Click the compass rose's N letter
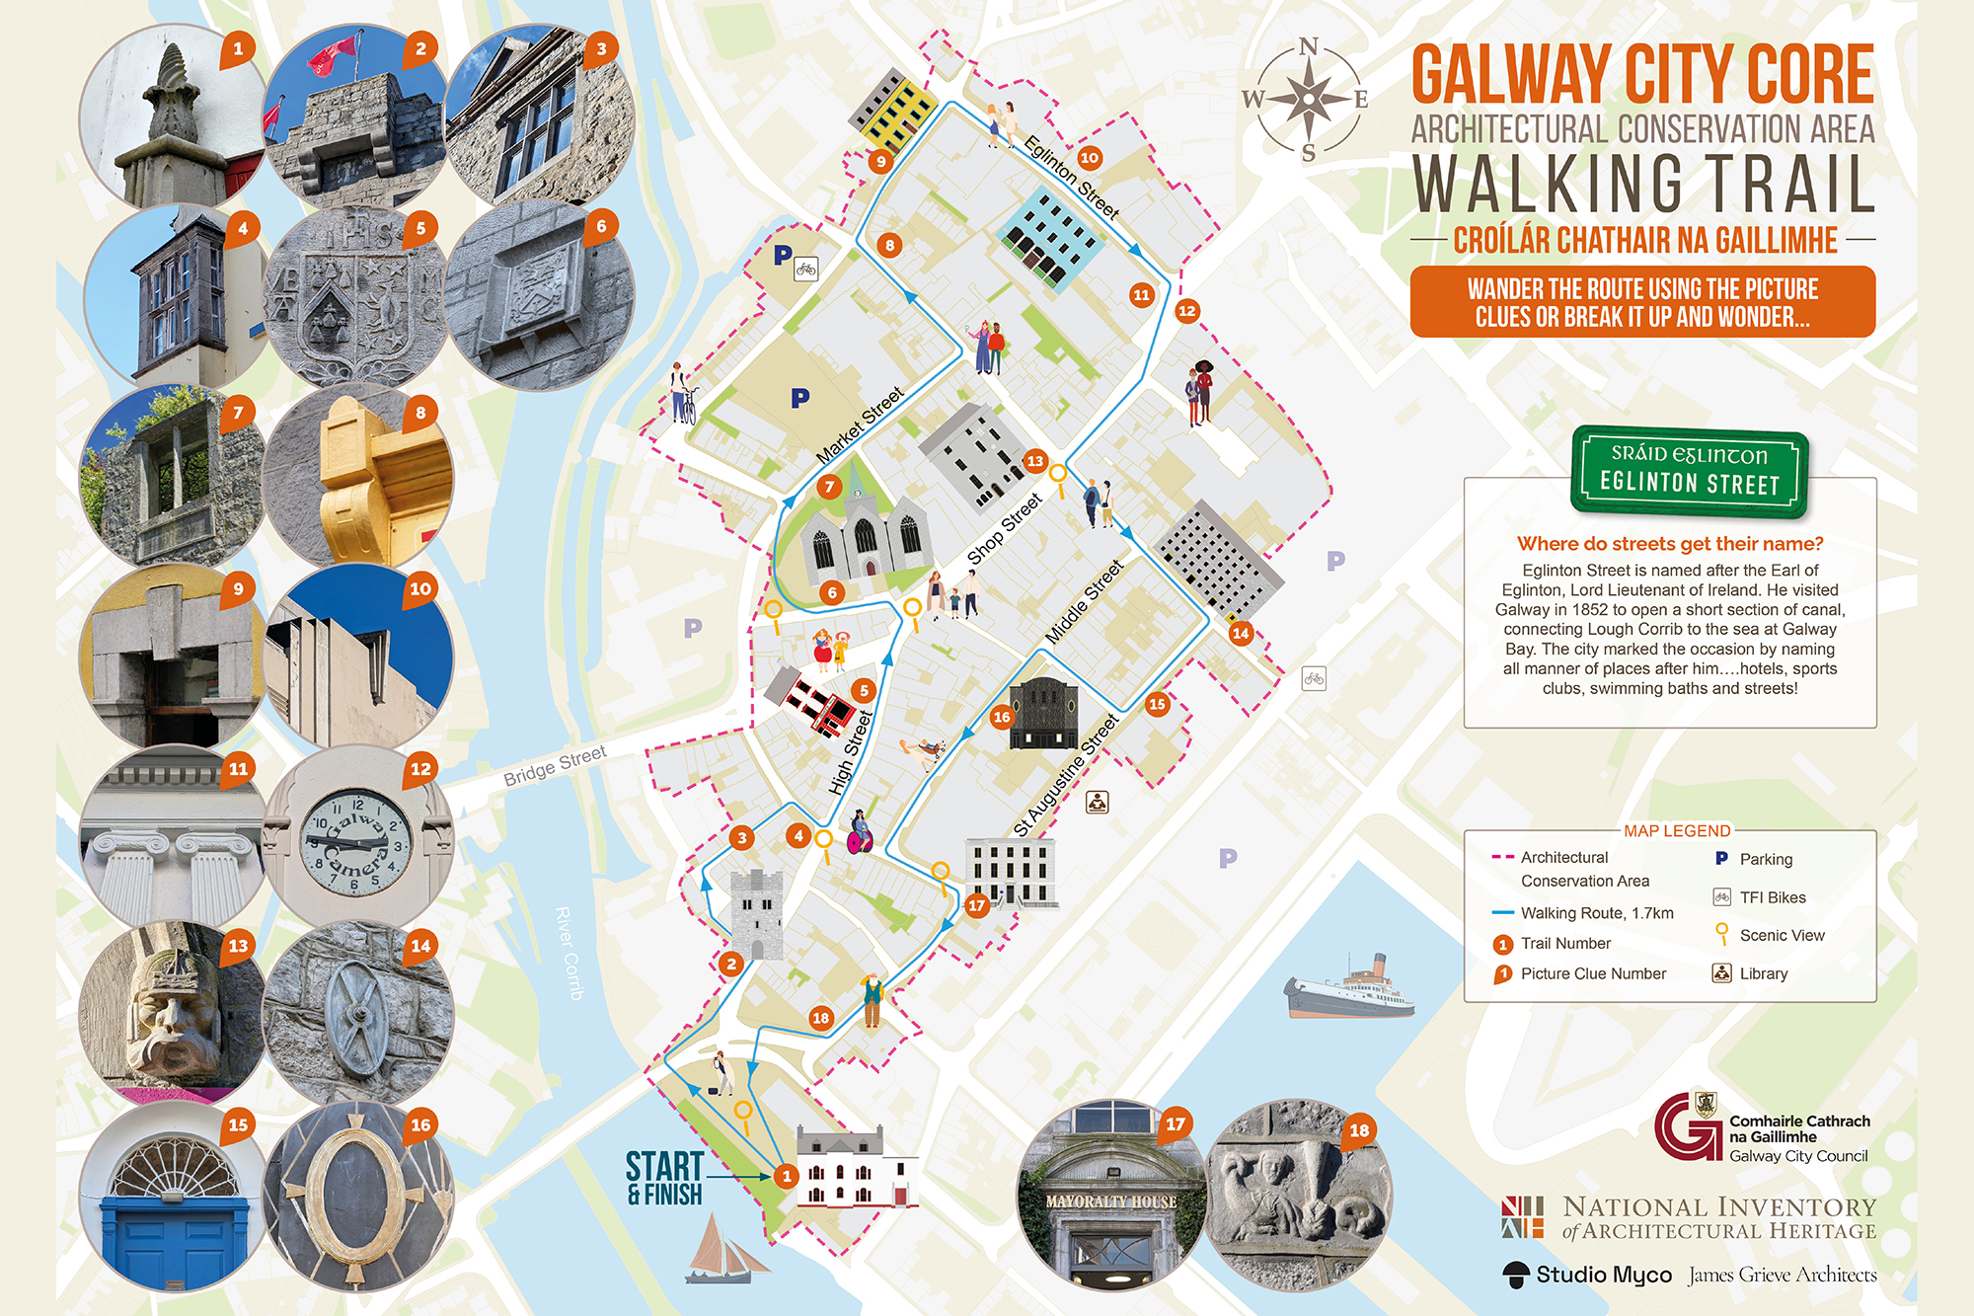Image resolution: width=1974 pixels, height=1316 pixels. (x=1308, y=46)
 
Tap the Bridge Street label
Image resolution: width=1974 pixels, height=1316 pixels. (x=555, y=766)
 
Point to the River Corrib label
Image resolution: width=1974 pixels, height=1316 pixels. (x=569, y=953)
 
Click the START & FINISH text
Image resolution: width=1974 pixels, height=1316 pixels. (x=664, y=1178)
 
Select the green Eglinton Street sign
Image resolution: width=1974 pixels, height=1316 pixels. (x=1689, y=471)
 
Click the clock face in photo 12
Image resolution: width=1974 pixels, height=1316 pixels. (x=357, y=842)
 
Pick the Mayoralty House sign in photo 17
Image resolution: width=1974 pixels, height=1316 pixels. (x=1111, y=1201)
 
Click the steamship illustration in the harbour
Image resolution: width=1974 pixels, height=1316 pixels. (x=1349, y=989)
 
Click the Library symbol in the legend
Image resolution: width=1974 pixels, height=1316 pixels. (x=1721, y=973)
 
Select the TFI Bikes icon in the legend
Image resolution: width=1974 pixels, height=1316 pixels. (x=1721, y=897)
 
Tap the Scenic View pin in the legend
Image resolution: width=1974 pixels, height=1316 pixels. (x=1721, y=933)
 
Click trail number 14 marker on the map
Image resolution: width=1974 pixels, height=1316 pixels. (x=1241, y=633)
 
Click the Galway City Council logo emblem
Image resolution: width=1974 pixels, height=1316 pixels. (x=1687, y=1126)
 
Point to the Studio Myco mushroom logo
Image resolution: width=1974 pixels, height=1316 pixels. (x=1515, y=1275)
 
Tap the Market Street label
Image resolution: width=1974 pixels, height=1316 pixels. (x=861, y=426)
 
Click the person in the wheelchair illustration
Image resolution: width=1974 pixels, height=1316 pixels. (x=860, y=832)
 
